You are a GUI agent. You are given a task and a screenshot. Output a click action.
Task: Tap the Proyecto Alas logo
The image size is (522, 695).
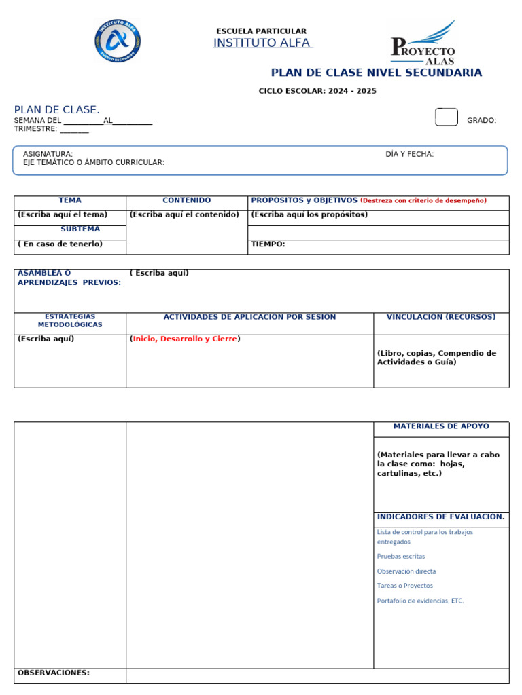(423, 44)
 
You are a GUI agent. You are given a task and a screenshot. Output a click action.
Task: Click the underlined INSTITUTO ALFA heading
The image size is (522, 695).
(262, 43)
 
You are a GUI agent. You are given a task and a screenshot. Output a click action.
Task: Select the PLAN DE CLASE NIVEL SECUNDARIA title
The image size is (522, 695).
(377, 73)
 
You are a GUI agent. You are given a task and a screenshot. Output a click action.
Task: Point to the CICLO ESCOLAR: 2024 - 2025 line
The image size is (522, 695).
(317, 91)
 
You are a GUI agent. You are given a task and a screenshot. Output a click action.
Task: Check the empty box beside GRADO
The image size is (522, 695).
(446, 117)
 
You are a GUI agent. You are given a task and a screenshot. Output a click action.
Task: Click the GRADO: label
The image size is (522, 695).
(481, 120)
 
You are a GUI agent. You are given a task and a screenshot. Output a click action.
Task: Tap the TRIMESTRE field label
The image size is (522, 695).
(35, 128)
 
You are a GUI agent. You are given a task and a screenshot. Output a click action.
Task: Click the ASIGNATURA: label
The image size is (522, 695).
(48, 154)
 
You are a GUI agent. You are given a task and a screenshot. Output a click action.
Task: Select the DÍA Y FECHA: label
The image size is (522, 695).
(409, 154)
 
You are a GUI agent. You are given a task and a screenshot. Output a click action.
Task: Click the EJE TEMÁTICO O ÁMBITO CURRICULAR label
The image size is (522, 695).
(94, 162)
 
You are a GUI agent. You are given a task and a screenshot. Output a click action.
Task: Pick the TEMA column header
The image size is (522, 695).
(70, 200)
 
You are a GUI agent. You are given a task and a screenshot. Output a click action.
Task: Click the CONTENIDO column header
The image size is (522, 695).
(187, 200)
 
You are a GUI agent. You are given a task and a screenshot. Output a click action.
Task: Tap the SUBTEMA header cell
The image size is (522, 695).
(80, 229)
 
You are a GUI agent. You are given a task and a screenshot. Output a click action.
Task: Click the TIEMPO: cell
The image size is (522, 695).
(268, 244)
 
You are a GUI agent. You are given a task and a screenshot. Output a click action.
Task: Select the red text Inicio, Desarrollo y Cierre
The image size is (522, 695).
(184, 339)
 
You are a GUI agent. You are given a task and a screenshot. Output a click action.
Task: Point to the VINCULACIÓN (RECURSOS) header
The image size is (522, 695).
(441, 317)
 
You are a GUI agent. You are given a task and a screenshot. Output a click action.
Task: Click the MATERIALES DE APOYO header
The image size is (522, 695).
(441, 426)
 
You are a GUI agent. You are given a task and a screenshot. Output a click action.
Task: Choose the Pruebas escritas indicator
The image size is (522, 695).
(401, 557)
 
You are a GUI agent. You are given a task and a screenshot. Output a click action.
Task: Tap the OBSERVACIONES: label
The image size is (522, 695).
(54, 673)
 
